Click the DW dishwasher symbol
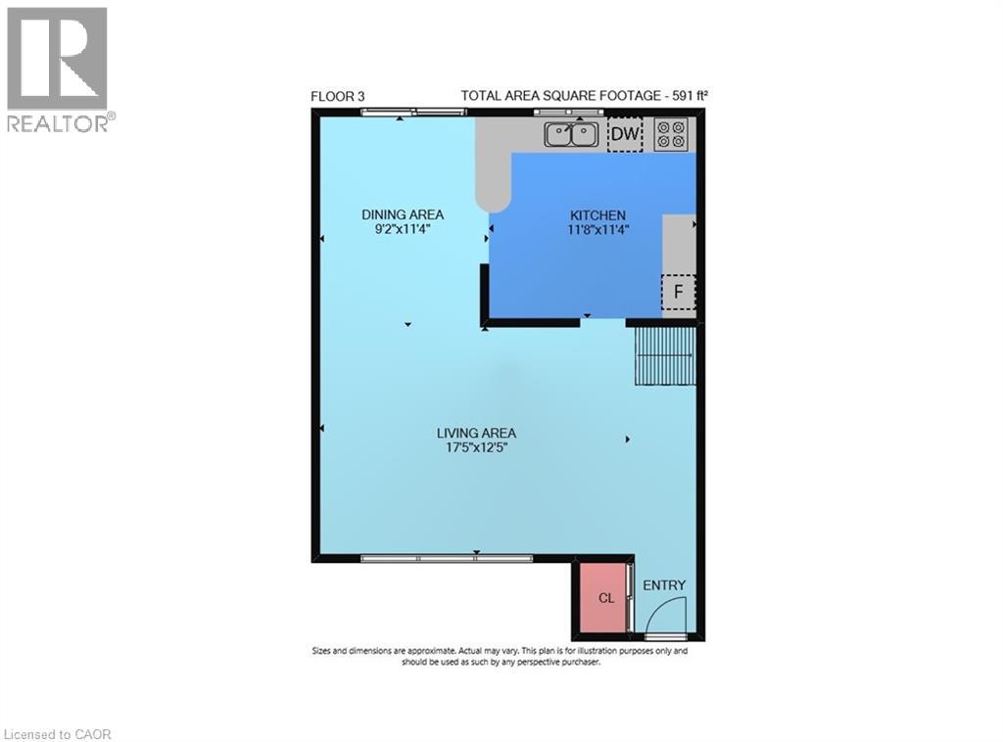[x=625, y=134]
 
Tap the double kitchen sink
[x=572, y=133]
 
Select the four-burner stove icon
[x=671, y=133]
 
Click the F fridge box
[x=678, y=292]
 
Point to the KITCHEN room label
[x=597, y=215]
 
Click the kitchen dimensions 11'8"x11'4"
[x=597, y=230]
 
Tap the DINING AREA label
[x=403, y=214]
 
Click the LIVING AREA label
[x=476, y=433]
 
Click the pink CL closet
[x=605, y=597]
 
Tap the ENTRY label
[x=664, y=585]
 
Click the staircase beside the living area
[x=664, y=356]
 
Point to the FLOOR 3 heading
[x=337, y=96]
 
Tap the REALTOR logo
[x=58, y=69]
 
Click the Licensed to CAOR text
[x=60, y=733]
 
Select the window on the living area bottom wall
[x=446, y=558]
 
